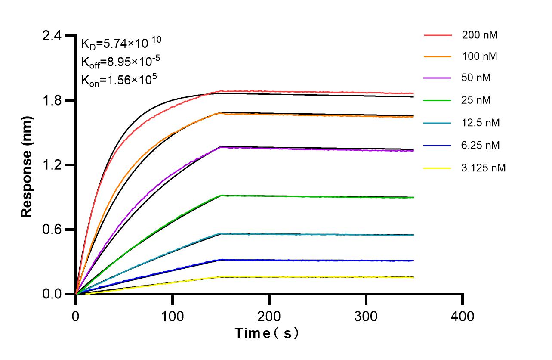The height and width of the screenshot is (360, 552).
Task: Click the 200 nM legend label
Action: (479, 35)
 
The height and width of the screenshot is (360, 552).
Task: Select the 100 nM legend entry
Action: (479, 57)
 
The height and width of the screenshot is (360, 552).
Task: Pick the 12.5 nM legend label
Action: (481, 123)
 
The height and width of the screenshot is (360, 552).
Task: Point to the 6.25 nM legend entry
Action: (481, 145)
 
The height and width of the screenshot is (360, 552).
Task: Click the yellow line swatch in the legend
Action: (438, 168)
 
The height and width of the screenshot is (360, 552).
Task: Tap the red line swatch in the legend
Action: (438, 35)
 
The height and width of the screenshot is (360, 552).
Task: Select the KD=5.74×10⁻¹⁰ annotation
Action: (121, 43)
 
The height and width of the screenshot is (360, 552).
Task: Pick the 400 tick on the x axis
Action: (463, 317)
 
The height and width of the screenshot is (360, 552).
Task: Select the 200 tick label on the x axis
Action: (269, 317)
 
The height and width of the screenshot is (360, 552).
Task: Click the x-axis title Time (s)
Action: (267, 333)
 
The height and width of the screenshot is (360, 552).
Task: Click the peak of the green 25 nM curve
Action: (221, 195)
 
